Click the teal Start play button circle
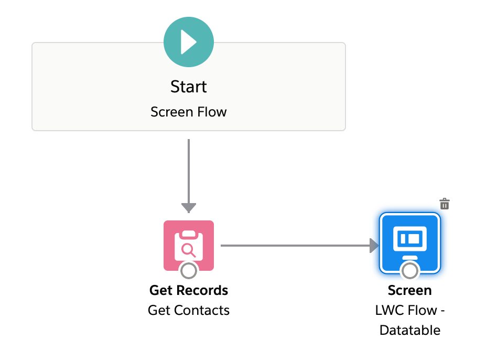pyautogui.click(x=189, y=42)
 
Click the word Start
pyautogui.click(x=189, y=87)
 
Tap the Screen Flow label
pyautogui.click(x=189, y=112)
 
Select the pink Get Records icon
pyautogui.click(x=189, y=246)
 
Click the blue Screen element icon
pyautogui.click(x=410, y=243)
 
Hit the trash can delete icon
pyautogui.click(x=445, y=204)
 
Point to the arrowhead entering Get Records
pyautogui.click(x=189, y=208)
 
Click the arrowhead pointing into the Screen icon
pyautogui.click(x=374, y=246)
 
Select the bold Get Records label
pyautogui.click(x=189, y=290)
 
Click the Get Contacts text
pyautogui.click(x=189, y=310)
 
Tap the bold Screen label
pyautogui.click(x=410, y=290)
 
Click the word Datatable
pyautogui.click(x=410, y=330)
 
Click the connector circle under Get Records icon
pyautogui.click(x=189, y=271)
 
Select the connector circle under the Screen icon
pyautogui.click(x=410, y=271)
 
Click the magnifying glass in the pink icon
pyautogui.click(x=188, y=250)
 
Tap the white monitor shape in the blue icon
pyautogui.click(x=410, y=239)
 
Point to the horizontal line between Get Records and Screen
pyautogui.click(x=295, y=246)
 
